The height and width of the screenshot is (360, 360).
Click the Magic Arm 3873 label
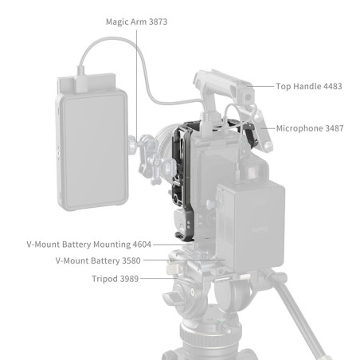click(x=137, y=22)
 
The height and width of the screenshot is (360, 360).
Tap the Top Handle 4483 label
click(x=309, y=86)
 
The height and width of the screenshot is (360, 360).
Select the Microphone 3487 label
click(x=310, y=127)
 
